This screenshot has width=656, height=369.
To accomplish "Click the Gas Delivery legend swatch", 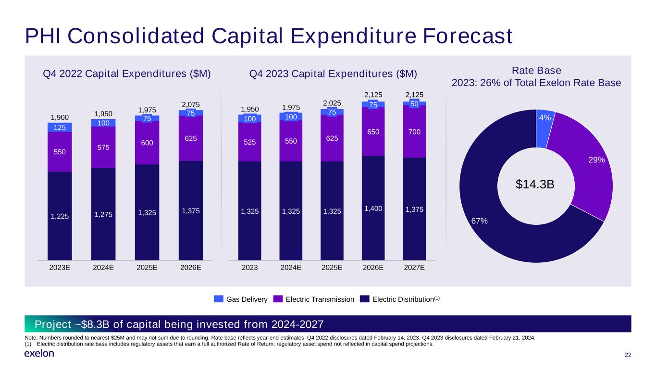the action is (219, 299).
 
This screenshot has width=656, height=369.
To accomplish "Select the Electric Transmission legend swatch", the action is (278, 299).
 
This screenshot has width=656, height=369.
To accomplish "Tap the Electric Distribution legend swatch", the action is (364, 299).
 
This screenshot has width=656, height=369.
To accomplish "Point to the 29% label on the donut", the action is (596, 160).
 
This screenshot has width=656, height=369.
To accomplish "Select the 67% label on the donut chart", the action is (480, 221).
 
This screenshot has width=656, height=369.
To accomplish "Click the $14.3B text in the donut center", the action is (535, 184).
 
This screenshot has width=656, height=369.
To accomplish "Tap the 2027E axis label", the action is (414, 267).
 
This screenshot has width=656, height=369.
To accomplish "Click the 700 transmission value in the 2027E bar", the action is (414, 132).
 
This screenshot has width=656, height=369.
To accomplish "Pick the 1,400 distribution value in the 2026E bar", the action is (373, 209).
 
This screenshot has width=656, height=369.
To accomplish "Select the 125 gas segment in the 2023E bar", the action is (60, 127).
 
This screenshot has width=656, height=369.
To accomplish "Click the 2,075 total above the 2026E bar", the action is (191, 105).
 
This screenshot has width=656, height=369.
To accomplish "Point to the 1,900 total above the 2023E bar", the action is (60, 117).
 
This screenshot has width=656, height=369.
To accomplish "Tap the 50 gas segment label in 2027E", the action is (414, 104).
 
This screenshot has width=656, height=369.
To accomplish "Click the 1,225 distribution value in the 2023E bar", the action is (60, 216).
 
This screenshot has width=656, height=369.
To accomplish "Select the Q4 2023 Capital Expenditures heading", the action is (333, 74).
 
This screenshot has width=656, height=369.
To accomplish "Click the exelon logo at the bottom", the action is (39, 353).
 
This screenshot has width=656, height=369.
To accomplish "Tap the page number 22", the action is (628, 355).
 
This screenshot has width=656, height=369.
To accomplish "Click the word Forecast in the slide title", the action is (468, 36).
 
